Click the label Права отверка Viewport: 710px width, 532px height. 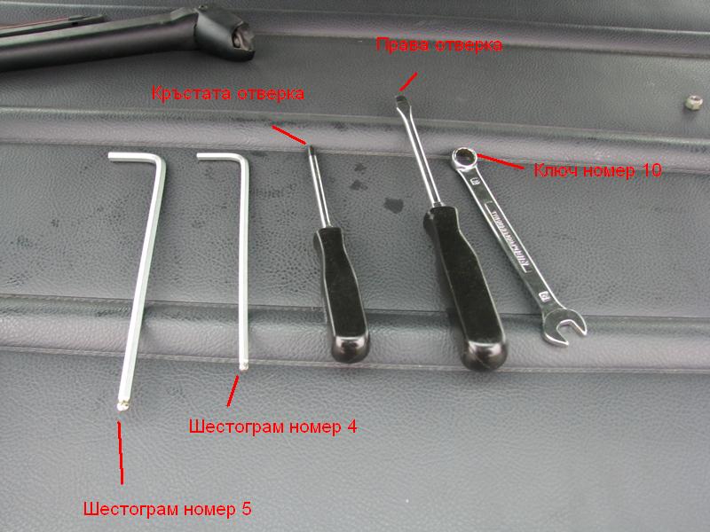[x=438, y=45]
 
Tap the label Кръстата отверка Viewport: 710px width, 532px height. [x=228, y=94]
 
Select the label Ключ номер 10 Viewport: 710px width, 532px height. [x=597, y=170]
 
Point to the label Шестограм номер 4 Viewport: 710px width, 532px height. [x=272, y=426]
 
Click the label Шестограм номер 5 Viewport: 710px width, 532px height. [x=167, y=509]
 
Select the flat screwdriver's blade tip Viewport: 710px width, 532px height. [x=399, y=99]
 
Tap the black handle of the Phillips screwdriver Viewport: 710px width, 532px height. [x=342, y=294]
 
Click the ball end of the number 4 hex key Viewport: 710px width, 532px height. [x=243, y=365]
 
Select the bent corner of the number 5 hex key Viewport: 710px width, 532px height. [x=160, y=161]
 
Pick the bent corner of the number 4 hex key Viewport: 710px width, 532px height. [x=242, y=160]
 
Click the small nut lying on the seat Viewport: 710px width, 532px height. [x=693, y=102]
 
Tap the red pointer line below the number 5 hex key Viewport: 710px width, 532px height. [x=121, y=453]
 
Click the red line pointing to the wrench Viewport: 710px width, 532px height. [x=500, y=161]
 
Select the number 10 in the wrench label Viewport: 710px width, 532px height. [x=651, y=170]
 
